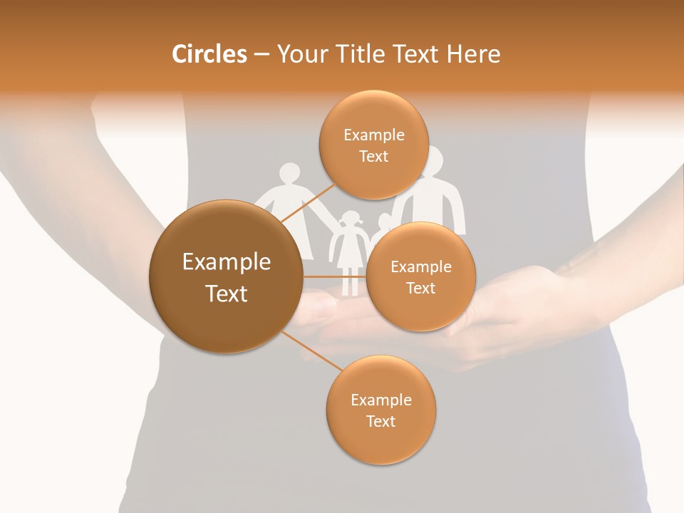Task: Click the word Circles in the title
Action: pyautogui.click(x=209, y=54)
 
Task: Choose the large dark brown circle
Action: pyautogui.click(x=226, y=276)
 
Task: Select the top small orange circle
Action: pyautogui.click(x=373, y=145)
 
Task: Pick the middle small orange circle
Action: pyautogui.click(x=420, y=276)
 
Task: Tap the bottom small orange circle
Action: pyautogui.click(x=380, y=410)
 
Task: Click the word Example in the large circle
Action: pyautogui.click(x=227, y=262)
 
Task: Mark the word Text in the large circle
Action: pyautogui.click(x=227, y=294)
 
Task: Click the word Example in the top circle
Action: pyautogui.click(x=374, y=135)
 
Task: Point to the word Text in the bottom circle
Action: pyautogui.click(x=380, y=421)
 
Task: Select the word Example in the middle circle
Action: pyautogui.click(x=421, y=267)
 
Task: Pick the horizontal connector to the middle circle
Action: pyautogui.click(x=334, y=276)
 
